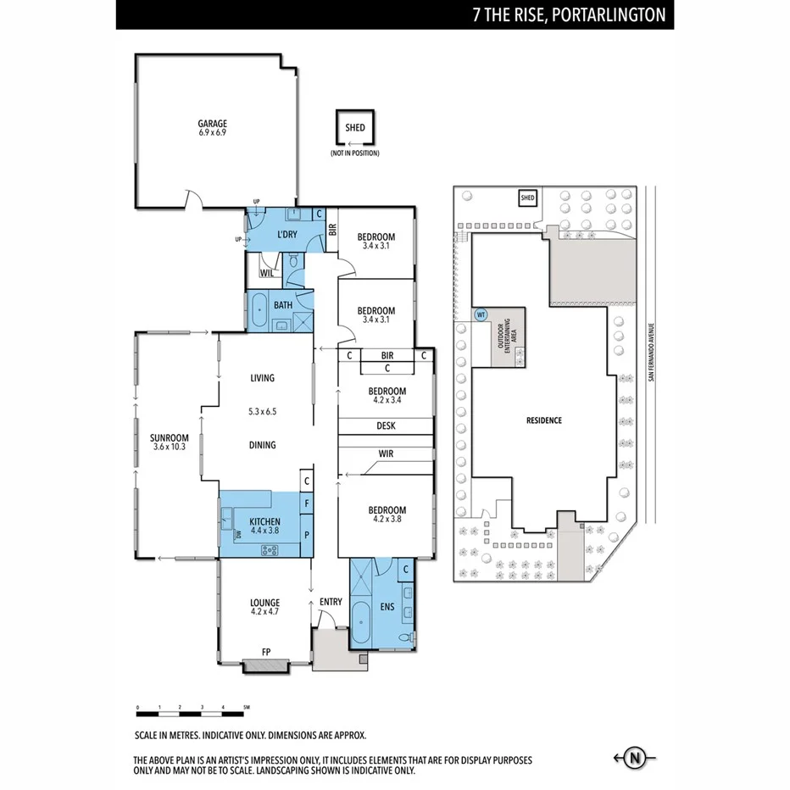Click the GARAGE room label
point(212,124)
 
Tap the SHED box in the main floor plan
point(355,128)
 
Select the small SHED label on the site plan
point(527,198)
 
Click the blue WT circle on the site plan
point(481,314)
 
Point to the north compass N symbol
point(633,757)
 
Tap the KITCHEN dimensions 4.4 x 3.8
point(264,531)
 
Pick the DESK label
point(386,426)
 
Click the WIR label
point(386,453)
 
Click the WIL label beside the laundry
point(266,273)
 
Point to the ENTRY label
point(331,603)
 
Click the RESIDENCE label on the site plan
point(543,420)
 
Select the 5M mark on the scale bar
point(246,707)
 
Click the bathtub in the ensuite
point(361,626)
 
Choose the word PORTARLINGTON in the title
point(609,14)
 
